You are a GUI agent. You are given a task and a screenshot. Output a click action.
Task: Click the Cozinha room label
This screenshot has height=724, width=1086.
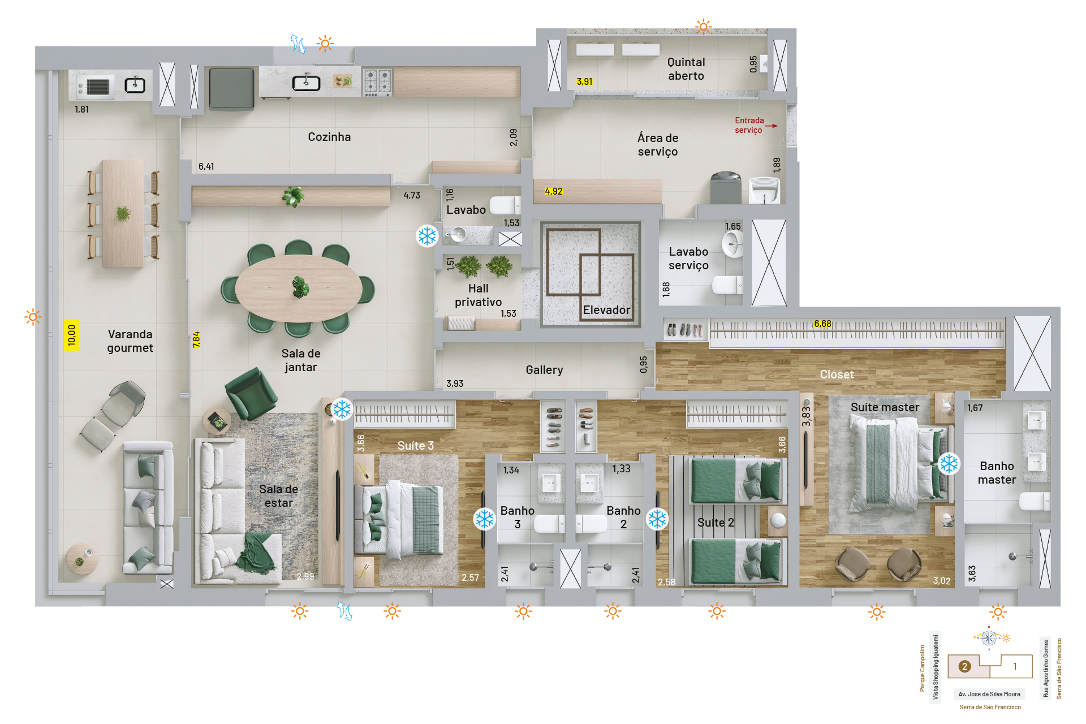point(329,137)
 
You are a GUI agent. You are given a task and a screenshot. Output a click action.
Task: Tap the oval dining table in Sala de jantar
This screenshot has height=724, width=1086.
point(299,288)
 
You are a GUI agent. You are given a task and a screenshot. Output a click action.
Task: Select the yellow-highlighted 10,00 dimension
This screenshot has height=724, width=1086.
point(71,335)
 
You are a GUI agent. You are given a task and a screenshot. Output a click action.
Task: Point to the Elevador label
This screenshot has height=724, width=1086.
point(606,310)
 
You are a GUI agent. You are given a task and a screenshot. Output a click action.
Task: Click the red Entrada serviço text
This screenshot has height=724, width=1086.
point(749,125)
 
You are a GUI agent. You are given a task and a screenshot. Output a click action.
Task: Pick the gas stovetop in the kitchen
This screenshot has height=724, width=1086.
point(377,83)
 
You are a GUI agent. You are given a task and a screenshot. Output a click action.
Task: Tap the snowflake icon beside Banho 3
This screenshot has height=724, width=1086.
point(485,519)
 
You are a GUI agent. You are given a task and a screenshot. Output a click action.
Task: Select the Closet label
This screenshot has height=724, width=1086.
point(837,374)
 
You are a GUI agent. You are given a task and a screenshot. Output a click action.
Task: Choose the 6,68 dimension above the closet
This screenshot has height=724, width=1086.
point(822,324)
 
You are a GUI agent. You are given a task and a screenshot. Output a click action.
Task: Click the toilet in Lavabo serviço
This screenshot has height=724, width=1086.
point(727,285)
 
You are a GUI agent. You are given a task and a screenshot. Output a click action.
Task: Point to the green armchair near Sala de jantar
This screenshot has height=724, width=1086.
point(251,394)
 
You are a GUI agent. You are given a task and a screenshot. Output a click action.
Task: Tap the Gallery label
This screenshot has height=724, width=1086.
point(544,370)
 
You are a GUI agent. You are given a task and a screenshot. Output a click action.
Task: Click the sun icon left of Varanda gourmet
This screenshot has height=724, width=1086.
point(33,317)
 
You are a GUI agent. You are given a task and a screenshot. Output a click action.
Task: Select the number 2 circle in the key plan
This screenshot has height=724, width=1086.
point(964,666)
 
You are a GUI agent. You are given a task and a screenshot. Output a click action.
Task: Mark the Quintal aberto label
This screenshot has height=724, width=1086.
point(686,69)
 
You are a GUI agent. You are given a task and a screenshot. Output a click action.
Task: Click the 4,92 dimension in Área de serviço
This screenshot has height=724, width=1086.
point(554,191)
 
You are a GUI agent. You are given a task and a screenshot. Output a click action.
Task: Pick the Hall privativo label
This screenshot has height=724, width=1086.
point(478,295)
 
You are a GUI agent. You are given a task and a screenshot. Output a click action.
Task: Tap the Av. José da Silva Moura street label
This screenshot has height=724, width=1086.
point(989,694)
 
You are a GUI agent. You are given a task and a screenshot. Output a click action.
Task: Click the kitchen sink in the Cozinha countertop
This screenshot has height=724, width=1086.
point(306,83)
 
